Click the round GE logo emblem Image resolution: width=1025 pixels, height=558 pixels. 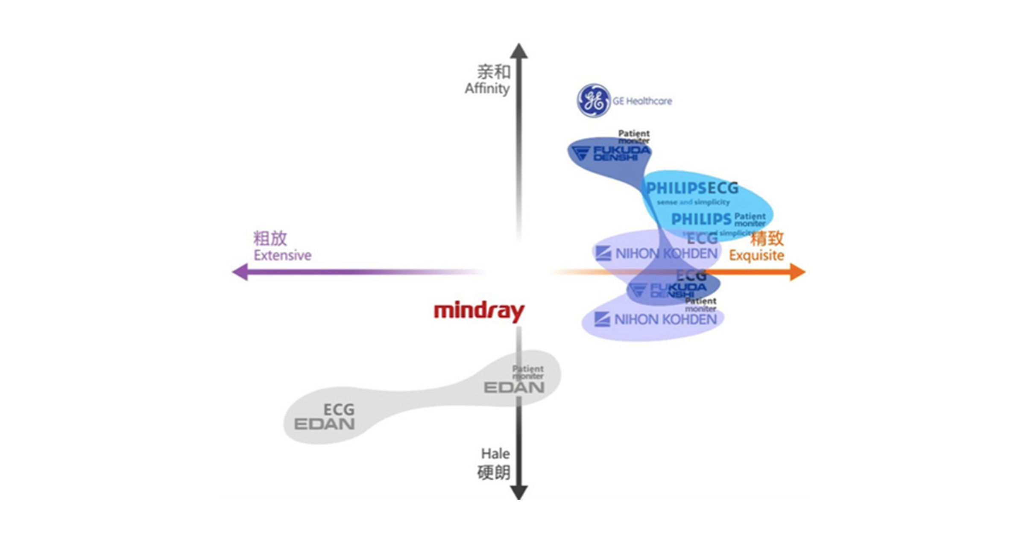pos(593,100)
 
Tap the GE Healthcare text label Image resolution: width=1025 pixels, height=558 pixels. pos(642,101)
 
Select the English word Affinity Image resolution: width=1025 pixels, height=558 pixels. pos(487,88)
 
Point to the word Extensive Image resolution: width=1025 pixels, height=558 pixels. pos(282,255)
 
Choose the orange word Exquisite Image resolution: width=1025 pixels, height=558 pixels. pos(756,255)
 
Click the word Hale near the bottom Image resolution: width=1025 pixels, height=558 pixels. pos(495,453)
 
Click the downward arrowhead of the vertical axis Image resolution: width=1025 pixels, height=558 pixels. pos(519,492)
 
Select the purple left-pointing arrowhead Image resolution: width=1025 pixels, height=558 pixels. pos(240,272)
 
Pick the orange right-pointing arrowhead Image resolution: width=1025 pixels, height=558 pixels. pos(797,272)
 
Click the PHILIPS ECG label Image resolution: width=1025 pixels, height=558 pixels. pos(692,188)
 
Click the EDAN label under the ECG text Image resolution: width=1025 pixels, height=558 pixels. pos(324,424)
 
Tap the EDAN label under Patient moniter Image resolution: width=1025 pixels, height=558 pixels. pos(514,387)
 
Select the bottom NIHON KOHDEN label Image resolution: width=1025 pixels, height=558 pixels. pos(665,319)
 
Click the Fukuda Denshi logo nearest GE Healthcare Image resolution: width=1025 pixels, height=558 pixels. pos(611,153)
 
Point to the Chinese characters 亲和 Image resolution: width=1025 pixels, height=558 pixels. pos(494,72)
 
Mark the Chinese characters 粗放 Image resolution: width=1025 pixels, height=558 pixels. pos(270,238)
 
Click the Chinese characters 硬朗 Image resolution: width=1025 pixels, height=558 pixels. pos(494,473)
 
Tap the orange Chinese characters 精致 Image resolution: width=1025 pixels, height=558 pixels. pos(767,238)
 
